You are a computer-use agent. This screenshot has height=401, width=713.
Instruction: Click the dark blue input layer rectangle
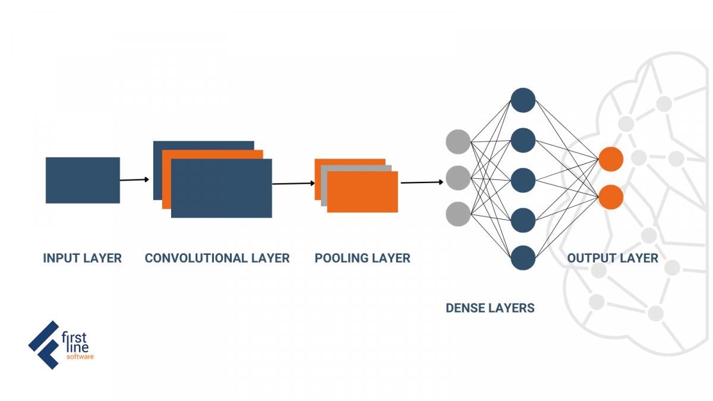83,180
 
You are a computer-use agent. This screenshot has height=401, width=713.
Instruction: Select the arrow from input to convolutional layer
134,180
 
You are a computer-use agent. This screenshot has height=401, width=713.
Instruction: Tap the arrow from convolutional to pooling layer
294,184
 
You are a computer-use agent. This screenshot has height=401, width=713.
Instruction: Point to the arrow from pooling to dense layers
422,182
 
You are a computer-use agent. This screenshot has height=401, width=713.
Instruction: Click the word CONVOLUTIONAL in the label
196,258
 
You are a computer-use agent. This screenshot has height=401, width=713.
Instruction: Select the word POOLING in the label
345,258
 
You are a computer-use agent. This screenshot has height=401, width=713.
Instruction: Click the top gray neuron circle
458,141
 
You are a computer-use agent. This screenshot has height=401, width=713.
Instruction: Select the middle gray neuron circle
458,178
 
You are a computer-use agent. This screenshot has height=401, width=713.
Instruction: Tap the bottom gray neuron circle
458,214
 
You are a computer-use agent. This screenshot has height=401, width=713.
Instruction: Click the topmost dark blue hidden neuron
523,100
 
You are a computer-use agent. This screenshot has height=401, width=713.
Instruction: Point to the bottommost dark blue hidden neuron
523,258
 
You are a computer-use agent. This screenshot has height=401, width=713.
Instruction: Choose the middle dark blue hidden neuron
523,181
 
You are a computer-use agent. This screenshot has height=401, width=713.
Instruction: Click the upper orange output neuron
611,159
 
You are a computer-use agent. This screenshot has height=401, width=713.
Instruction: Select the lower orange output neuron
611,197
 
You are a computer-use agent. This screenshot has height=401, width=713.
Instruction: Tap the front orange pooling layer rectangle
362,192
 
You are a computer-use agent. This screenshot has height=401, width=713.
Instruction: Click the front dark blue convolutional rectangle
222,188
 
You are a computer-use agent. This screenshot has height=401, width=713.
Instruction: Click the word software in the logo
80,357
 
